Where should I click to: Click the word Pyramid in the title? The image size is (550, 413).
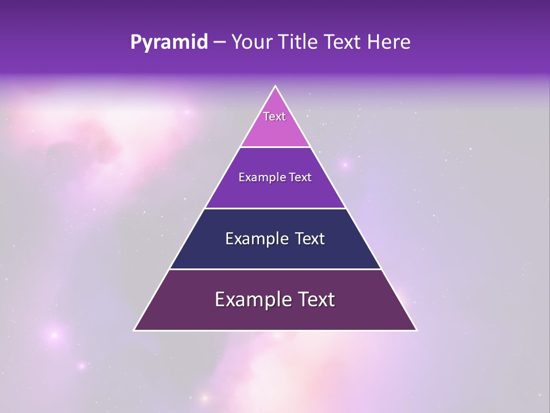coord(169,42)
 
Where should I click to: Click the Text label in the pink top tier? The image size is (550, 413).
coord(274,116)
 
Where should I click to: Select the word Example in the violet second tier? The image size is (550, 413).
coord(258,177)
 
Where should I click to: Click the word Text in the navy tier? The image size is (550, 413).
coord(310,239)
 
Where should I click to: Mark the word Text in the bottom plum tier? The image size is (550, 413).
coord(316,299)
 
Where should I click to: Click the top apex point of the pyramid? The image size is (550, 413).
coord(276,86)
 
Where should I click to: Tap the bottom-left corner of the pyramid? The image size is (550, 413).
coord(134,330)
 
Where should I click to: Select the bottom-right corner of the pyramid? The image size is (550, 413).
coord(417,330)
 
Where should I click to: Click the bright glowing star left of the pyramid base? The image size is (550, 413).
coord(54,334)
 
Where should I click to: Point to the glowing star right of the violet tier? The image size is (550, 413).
coord(345,165)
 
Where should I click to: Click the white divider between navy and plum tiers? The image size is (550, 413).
coord(276,269)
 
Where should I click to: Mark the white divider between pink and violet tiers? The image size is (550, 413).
coord(276,147)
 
